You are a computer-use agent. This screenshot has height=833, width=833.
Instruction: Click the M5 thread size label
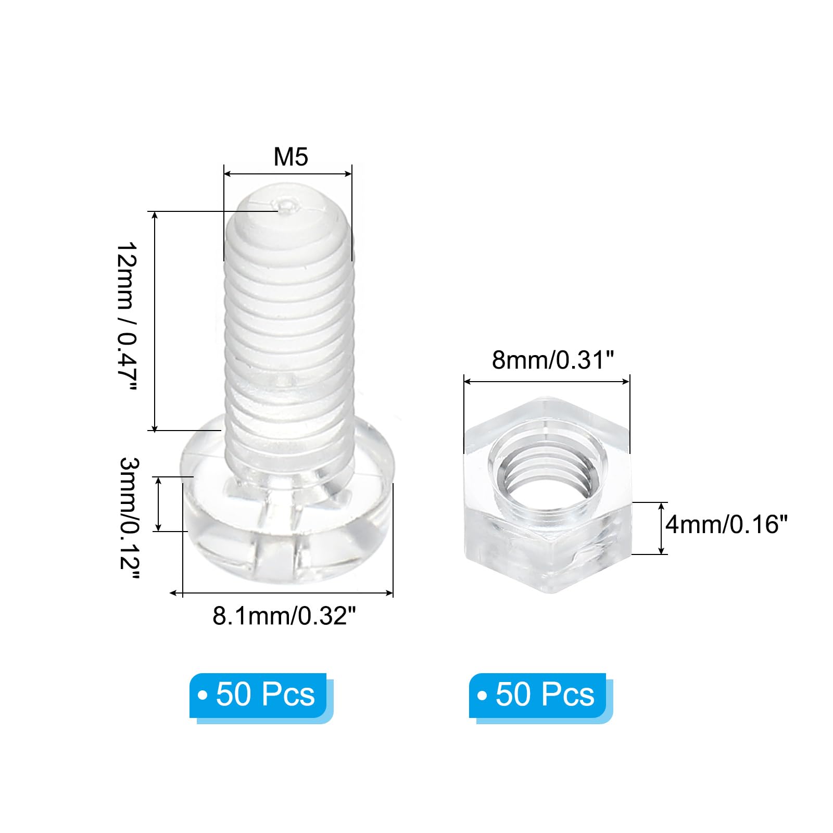pos(291,157)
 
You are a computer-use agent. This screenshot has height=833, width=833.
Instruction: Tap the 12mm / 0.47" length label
pos(125,317)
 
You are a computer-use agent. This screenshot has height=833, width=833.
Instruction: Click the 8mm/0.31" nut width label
pos(553,360)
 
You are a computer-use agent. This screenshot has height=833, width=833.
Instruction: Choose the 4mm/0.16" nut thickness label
pos(727,524)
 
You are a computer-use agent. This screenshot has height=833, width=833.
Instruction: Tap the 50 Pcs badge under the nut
pos(541,698)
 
